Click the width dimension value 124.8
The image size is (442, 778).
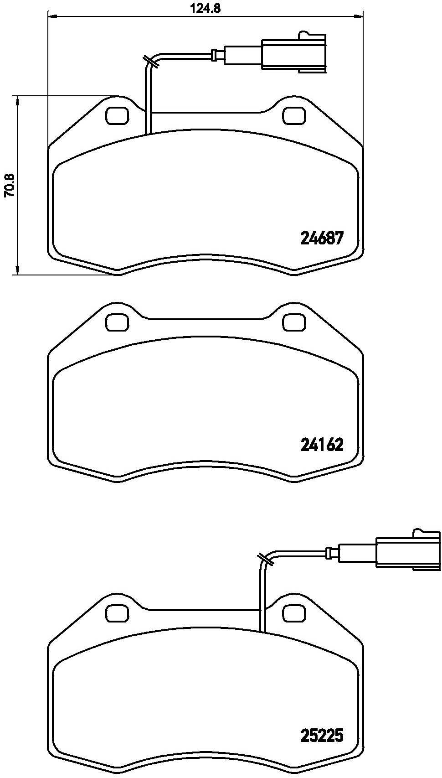(206, 8)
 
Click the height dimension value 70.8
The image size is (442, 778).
(9, 185)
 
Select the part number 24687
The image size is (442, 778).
(321, 238)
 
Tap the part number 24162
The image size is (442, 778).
(321, 445)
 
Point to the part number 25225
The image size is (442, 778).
(321, 735)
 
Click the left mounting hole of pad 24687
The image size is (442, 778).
(117, 115)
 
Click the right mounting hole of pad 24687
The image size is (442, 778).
(294, 115)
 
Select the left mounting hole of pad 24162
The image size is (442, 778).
(117, 322)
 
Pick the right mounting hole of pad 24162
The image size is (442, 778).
(294, 322)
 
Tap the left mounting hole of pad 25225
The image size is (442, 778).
(117, 612)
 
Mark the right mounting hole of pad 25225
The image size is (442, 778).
(294, 612)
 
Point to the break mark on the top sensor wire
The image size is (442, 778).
(151, 62)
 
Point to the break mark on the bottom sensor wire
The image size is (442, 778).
(265, 560)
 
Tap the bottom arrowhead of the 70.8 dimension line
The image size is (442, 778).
(17, 271)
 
